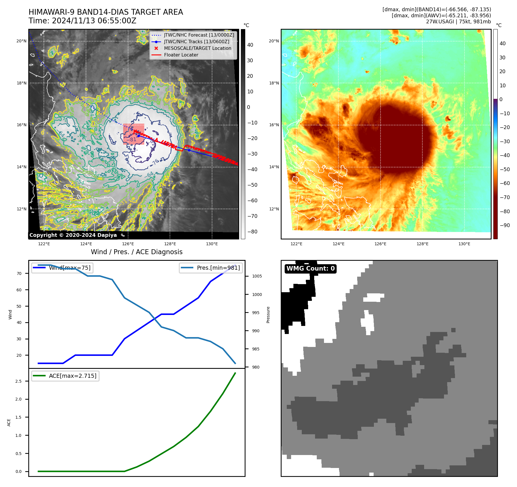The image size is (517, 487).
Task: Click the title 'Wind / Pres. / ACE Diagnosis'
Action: (x=136, y=252)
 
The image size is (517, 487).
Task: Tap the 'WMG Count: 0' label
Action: (x=310, y=269)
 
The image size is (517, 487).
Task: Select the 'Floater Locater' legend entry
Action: (x=181, y=55)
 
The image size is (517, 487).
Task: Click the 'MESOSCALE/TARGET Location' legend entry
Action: (x=197, y=48)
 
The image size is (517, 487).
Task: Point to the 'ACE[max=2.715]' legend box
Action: (x=65, y=376)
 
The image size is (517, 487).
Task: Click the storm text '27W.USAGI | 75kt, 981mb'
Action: (x=458, y=22)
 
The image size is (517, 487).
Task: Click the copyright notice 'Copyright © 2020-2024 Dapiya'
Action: (x=73, y=235)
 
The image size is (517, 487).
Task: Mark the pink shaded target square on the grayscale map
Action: (x=134, y=134)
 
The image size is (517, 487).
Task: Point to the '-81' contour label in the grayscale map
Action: (x=132, y=140)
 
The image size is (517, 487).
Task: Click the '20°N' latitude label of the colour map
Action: (x=274, y=41)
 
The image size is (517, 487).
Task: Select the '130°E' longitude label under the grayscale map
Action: (x=212, y=244)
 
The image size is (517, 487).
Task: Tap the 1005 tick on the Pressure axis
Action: (x=257, y=276)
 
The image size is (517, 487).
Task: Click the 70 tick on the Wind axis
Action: (x=19, y=273)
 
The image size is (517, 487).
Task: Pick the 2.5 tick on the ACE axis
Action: (x=18, y=381)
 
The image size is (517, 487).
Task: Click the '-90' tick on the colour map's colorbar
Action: (x=505, y=225)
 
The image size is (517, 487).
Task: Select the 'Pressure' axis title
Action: (x=268, y=315)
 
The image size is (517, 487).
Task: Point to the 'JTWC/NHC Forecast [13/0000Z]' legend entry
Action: (x=199, y=35)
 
